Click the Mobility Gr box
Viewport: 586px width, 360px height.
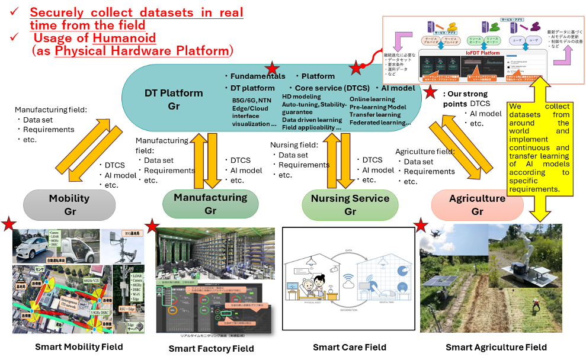pos(69,205)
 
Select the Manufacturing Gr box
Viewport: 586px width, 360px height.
pos(210,203)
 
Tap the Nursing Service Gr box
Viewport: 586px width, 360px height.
pos(350,204)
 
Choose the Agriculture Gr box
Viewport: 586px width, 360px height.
pos(477,205)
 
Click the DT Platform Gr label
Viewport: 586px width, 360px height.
pos(174,99)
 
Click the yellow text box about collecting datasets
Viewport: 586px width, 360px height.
pos(540,148)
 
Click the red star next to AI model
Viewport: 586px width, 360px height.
pos(430,92)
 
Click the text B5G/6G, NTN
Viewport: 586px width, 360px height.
pos(252,100)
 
